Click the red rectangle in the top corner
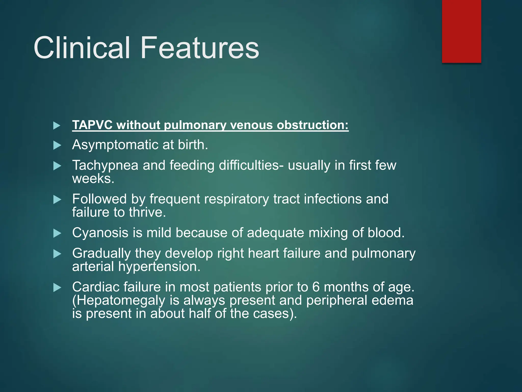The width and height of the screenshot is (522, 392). [x=461, y=31]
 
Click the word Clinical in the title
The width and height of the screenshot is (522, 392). [x=82, y=48]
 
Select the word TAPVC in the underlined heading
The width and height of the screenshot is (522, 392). [x=92, y=125]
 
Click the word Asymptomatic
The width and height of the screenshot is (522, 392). [x=115, y=145]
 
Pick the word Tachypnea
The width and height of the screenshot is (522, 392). [x=105, y=165]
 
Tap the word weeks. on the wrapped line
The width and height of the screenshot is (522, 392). [x=93, y=179]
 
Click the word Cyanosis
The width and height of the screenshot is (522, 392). [x=100, y=233]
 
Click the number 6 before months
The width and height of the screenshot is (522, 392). [x=316, y=287]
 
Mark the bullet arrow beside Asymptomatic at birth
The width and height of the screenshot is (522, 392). [x=57, y=145]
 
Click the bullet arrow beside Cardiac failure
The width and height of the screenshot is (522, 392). [x=57, y=288]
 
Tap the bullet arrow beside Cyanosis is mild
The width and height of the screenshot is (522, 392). [x=57, y=233]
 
